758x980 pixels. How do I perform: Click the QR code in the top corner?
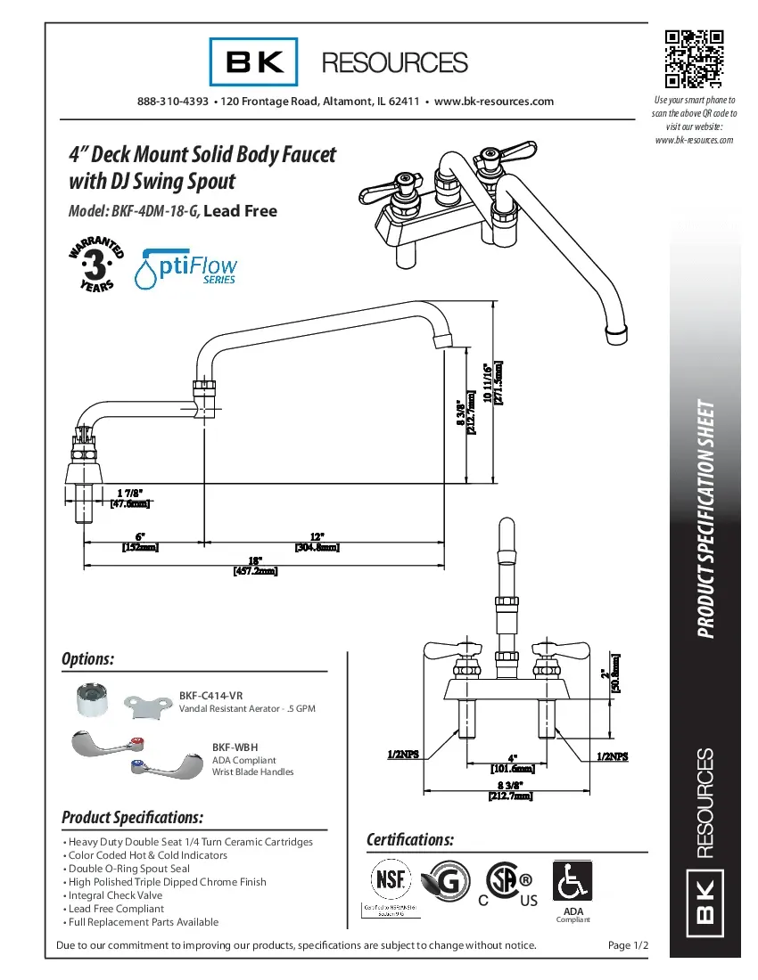click(693, 60)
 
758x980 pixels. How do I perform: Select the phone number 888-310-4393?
click(173, 102)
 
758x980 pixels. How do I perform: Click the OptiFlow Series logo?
click(185, 266)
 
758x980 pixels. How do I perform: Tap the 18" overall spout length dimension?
click(255, 566)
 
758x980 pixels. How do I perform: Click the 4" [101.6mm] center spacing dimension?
click(512, 762)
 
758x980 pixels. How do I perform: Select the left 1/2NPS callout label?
click(404, 755)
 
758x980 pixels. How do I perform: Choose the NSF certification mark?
click(390, 880)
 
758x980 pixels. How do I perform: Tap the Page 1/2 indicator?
click(628, 944)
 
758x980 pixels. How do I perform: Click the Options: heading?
click(87, 659)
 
